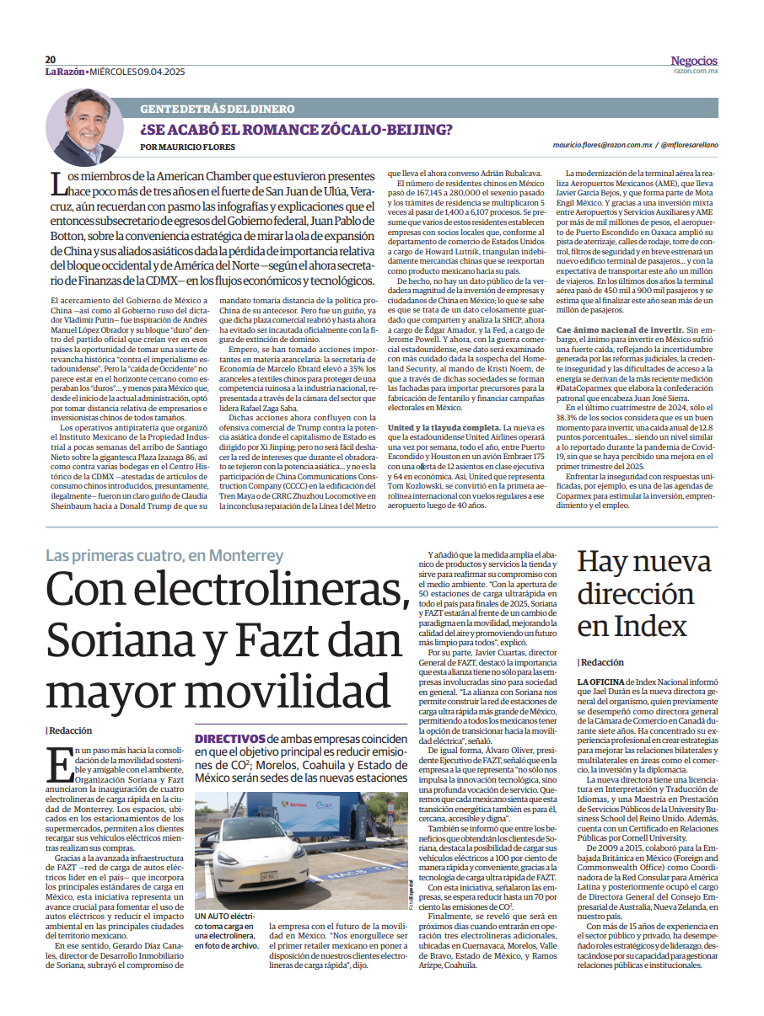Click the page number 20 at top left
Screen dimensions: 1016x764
tap(51, 60)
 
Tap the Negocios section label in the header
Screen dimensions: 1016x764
tap(694, 61)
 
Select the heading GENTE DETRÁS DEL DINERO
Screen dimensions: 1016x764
tap(218, 109)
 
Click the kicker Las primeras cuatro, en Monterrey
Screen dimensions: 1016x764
tap(164, 556)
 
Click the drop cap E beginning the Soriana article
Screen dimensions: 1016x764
tap(58, 765)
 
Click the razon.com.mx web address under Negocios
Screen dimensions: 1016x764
tap(696, 72)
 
